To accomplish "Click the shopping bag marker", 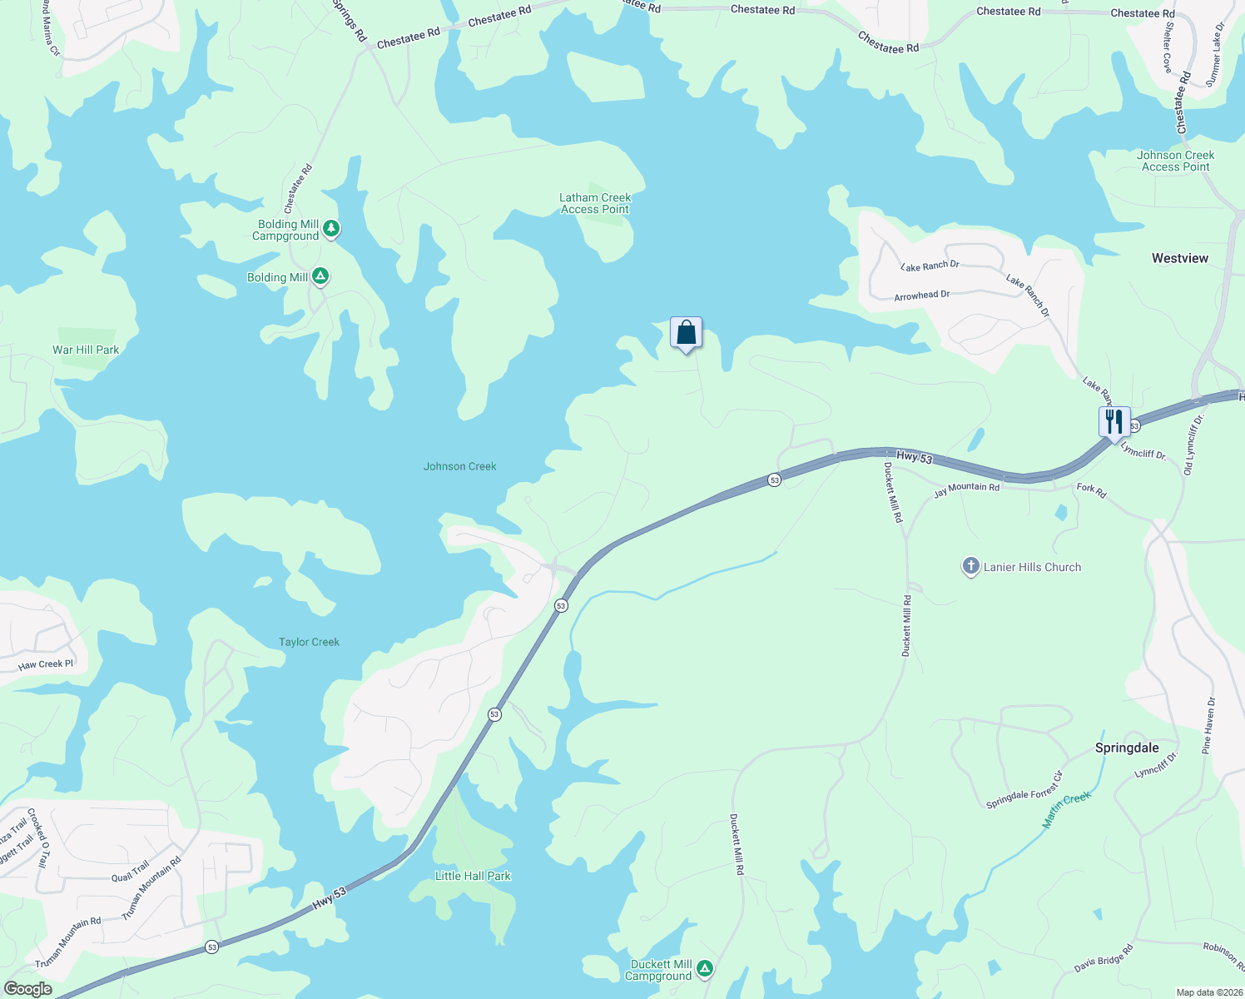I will click(x=686, y=333).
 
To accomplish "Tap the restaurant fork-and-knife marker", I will click(x=1114, y=422).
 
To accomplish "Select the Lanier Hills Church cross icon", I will click(x=970, y=567).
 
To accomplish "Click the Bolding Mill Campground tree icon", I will click(x=331, y=228).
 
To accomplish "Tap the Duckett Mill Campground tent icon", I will click(x=705, y=968).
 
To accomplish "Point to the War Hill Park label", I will click(x=86, y=350).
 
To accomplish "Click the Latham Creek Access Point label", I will click(x=595, y=203).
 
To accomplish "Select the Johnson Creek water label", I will click(x=459, y=466).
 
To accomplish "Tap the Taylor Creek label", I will click(x=309, y=642).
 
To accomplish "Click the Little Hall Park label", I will click(x=473, y=876).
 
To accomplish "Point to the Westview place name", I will click(x=1179, y=258).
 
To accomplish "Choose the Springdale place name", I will click(x=1126, y=748).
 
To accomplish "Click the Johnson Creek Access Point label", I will click(x=1175, y=161).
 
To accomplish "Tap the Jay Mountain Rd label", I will click(x=966, y=490).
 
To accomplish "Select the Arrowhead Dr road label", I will click(x=921, y=296).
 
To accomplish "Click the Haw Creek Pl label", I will click(x=46, y=664).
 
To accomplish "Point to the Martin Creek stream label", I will click(x=1066, y=809).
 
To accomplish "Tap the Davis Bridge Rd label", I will click(x=1104, y=958).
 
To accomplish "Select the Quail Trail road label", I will click(x=131, y=872).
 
